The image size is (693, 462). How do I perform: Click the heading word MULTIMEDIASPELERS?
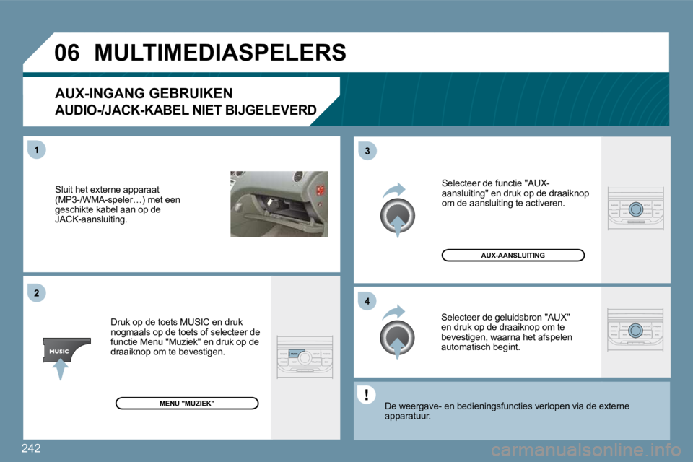[x=219, y=53]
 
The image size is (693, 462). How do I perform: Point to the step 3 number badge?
[x=367, y=150]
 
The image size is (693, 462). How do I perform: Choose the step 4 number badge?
[x=367, y=300]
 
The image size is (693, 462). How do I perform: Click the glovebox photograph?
[x=279, y=204]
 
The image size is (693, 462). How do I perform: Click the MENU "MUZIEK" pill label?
[x=187, y=403]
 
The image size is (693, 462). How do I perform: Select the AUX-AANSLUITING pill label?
[x=513, y=255]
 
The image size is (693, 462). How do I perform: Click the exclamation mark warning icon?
[x=367, y=394]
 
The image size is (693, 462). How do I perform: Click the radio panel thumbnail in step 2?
[x=305, y=357]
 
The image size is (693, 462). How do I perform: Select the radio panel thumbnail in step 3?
[x=635, y=209]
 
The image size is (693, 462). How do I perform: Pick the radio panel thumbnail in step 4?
[x=635, y=331]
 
